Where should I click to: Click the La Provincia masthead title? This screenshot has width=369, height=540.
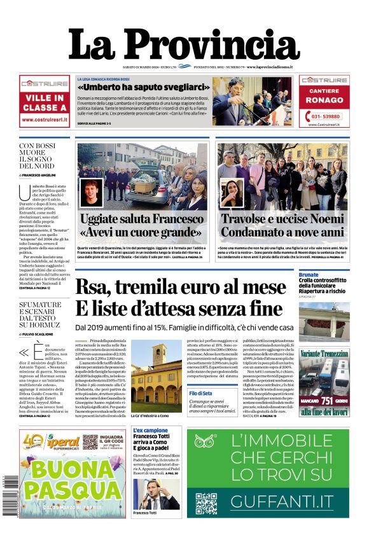[x=184, y=44]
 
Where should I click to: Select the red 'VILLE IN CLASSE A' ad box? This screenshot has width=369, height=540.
[x=45, y=103]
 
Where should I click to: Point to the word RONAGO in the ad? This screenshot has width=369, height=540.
[x=324, y=100]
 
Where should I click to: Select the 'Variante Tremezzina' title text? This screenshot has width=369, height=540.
[x=324, y=353]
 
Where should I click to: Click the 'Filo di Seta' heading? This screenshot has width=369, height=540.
[x=200, y=394]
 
